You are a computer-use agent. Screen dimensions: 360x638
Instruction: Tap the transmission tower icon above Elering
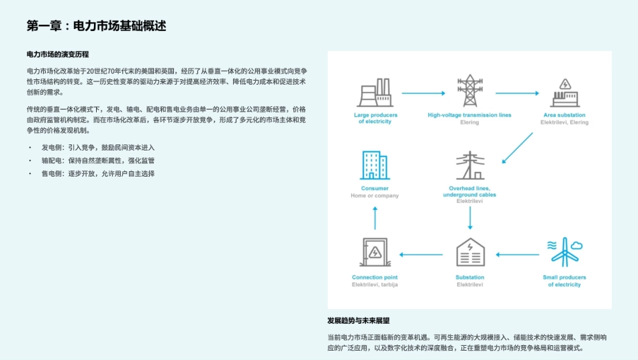click(x=469, y=91)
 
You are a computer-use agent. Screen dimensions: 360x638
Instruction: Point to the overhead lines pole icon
click(x=469, y=165)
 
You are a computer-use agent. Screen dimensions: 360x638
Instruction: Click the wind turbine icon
click(x=564, y=252)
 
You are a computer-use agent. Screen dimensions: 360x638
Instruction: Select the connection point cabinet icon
click(x=374, y=253)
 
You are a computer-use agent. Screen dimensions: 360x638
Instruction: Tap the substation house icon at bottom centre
click(x=469, y=253)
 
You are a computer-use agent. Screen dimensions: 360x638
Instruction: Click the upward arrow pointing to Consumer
click(x=375, y=218)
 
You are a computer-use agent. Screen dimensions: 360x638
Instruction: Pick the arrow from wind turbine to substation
click(x=517, y=255)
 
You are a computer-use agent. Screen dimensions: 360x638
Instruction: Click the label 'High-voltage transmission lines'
click(x=469, y=115)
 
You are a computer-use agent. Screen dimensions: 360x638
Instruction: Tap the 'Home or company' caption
click(x=374, y=196)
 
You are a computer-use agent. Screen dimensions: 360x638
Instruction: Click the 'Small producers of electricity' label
click(x=564, y=281)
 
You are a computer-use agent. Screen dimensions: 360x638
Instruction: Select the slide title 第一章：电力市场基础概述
click(x=96, y=26)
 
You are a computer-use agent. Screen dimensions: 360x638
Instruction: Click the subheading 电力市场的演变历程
click(x=58, y=54)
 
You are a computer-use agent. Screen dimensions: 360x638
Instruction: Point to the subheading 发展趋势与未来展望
click(x=363, y=320)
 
